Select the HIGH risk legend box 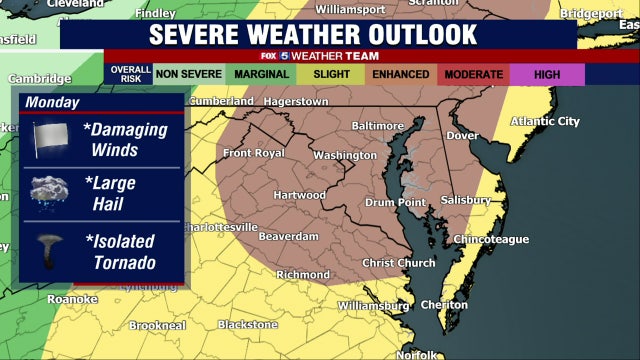pos(546,74)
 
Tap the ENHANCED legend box pos(399,74)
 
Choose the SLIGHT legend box pos(332,74)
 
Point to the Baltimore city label pos(377,126)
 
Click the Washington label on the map pos(344,156)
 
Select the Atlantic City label pos(545,121)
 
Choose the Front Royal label pos(251,153)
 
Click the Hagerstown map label pos(296,102)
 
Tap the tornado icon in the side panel pos(49,251)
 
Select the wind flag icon pos(49,138)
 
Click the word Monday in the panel pos(53,102)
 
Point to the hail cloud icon pos(49,192)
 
